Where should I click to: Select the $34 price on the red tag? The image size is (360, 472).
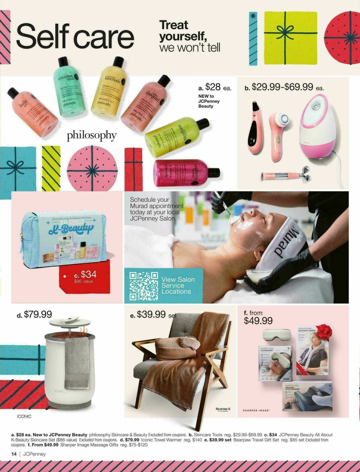pyautogui.click(x=85, y=274)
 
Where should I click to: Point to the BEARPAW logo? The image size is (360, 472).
pyautogui.click(x=222, y=409)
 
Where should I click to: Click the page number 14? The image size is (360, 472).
pyautogui.click(x=13, y=454)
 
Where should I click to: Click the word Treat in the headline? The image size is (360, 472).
pyautogui.click(x=174, y=25)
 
